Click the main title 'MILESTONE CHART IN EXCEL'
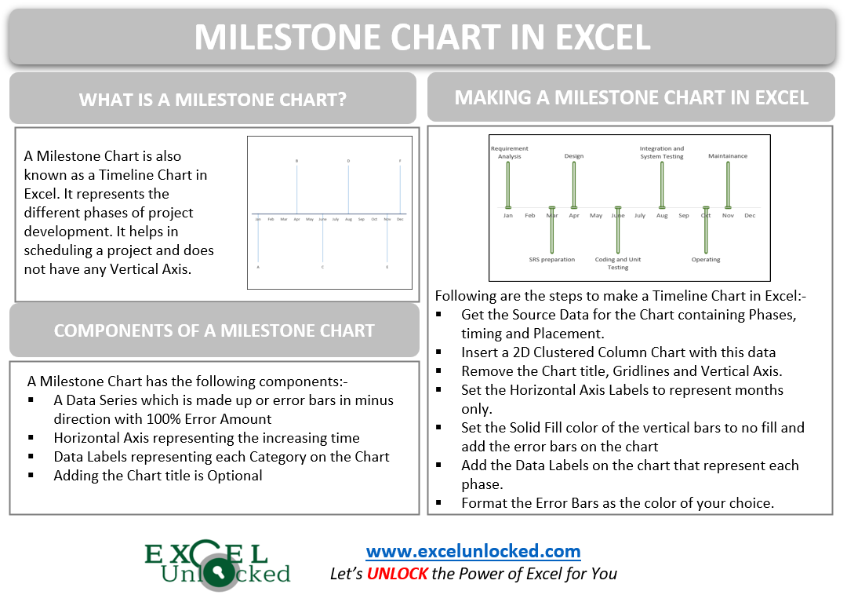422,37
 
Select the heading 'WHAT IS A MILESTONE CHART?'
213,100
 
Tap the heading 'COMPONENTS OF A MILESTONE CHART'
213,330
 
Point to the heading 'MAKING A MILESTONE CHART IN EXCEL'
631,97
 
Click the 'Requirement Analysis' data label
509,152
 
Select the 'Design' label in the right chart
574,156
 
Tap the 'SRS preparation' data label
551,260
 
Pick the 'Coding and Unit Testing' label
618,263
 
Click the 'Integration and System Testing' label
662,152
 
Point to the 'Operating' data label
706,260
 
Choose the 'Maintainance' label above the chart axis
728,156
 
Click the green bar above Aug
662,184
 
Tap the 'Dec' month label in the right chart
750,216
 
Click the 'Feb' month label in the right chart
530,216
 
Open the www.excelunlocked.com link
473,551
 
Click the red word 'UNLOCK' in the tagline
397,574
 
